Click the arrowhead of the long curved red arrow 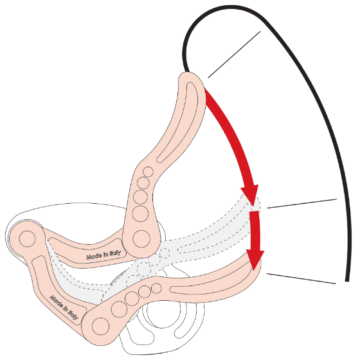click(x=251, y=194)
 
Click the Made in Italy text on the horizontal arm click(x=104, y=255)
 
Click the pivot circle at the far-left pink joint click(x=27, y=239)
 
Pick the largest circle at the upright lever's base click(x=141, y=239)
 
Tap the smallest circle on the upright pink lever click(x=148, y=172)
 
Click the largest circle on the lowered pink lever click(x=100, y=327)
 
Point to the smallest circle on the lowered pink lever click(x=157, y=289)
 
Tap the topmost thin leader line click(x=234, y=55)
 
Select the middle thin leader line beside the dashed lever click(x=302, y=204)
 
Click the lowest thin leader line click(x=301, y=278)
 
